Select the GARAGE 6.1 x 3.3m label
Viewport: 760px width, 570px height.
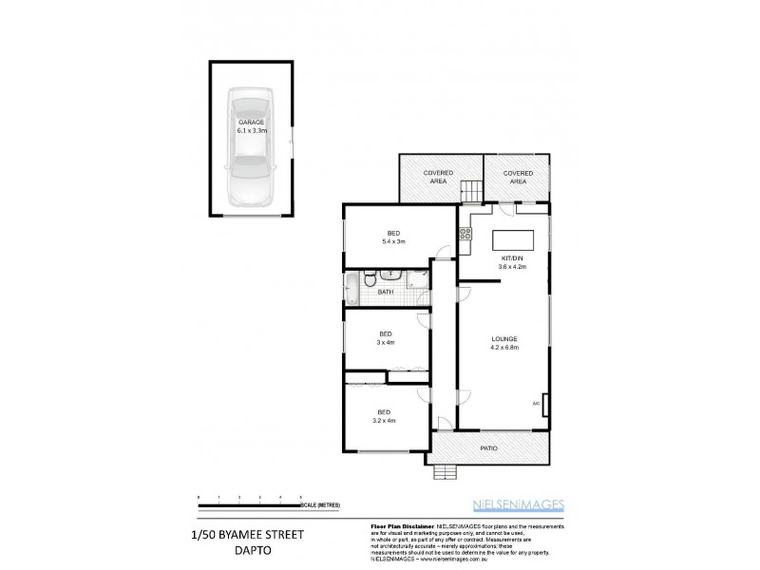tap(251, 127)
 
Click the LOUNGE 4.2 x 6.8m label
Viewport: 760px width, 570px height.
tap(503, 343)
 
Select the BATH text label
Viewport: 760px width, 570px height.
tap(386, 293)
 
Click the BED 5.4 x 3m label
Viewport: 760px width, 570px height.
tap(393, 237)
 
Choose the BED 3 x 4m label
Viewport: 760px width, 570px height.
tap(386, 338)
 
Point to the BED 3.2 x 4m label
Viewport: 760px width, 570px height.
tap(385, 416)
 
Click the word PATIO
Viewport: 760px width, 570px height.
tap(488, 447)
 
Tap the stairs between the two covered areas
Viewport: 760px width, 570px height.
tap(472, 190)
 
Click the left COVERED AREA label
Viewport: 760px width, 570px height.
tap(438, 177)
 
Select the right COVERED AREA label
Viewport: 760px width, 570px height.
tap(518, 177)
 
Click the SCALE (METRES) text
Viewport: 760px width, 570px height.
tap(323, 504)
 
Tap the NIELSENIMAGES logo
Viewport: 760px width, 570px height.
tap(518, 504)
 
